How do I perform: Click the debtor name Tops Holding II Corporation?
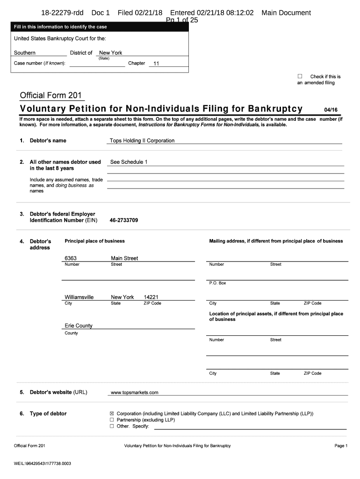point(142,140)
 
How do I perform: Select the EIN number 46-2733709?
point(123,220)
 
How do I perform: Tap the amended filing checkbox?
point(300,76)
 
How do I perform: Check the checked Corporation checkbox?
point(112,414)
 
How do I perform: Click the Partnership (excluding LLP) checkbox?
point(112,420)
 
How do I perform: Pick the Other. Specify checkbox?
point(112,426)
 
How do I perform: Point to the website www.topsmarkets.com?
point(135,392)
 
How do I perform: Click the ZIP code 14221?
point(151,297)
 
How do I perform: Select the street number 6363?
point(71,258)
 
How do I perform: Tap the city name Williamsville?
point(79,297)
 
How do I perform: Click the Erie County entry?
point(79,326)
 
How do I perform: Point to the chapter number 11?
point(156,64)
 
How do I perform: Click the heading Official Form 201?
point(51,96)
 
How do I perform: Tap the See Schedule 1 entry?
point(129,162)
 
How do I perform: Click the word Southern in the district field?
point(25,53)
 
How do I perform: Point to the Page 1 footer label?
point(341,446)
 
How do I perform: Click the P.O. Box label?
point(217,283)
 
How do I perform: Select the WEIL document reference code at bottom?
point(43,464)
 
